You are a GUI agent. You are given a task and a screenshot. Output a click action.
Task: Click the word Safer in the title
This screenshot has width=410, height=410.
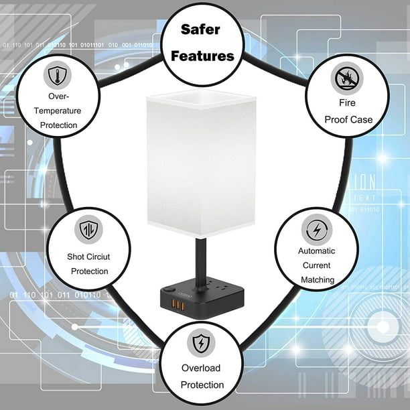pyautogui.click(x=200, y=29)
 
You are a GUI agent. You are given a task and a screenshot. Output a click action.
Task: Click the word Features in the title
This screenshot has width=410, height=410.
pyautogui.click(x=202, y=56)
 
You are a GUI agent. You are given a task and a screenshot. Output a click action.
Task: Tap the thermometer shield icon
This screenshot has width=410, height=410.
pyautogui.click(x=58, y=75)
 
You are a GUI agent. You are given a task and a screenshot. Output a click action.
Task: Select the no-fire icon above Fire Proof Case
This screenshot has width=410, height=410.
pyautogui.click(x=347, y=78)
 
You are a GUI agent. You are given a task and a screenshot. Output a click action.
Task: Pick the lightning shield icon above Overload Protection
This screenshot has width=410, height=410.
pyautogui.click(x=201, y=343)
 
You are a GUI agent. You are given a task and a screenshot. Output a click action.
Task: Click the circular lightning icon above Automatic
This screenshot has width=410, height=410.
pyautogui.click(x=317, y=230)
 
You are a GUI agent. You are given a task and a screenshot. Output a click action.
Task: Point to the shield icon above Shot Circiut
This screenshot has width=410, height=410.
pyautogui.click(x=88, y=230)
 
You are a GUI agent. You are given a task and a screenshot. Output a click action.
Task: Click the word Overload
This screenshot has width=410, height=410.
pyautogui.click(x=201, y=368)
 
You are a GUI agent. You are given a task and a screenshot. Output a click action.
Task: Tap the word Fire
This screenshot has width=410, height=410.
pyautogui.click(x=347, y=102)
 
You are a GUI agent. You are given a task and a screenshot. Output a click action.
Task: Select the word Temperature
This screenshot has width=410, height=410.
pyautogui.click(x=58, y=111)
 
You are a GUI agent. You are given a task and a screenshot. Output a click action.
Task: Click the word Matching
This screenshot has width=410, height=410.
pyautogui.click(x=318, y=280)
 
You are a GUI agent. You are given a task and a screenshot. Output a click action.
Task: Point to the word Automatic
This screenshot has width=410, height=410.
pyautogui.click(x=316, y=251)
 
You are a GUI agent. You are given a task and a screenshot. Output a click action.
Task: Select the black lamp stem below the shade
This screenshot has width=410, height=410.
pyautogui.click(x=201, y=261)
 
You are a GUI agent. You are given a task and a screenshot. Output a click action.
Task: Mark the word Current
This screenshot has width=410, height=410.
pyautogui.click(x=316, y=265)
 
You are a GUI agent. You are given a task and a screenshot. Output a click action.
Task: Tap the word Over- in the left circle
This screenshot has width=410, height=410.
pyautogui.click(x=58, y=96)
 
